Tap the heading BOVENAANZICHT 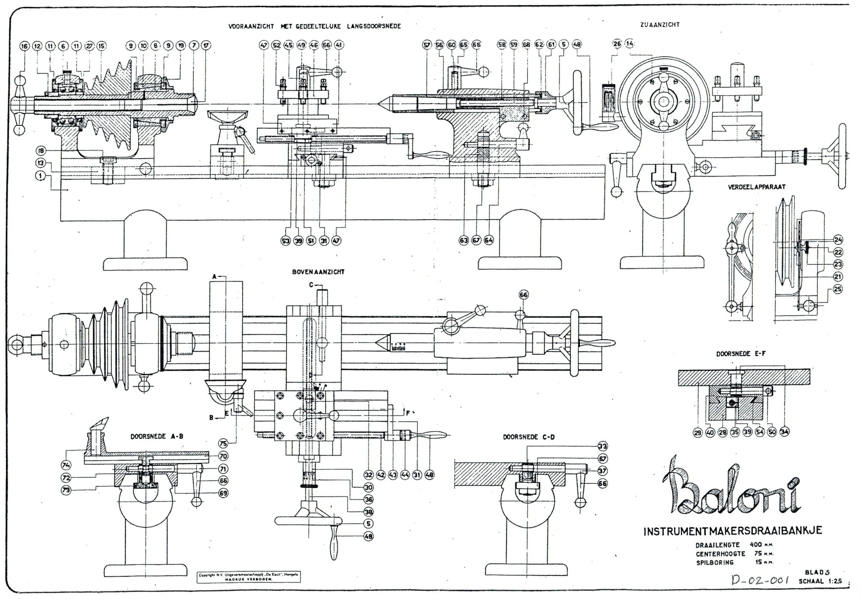[318, 272]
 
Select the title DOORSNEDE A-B [157, 437]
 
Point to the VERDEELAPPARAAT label [756, 187]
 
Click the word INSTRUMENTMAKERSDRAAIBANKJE [733, 531]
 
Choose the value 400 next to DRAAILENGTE [756, 545]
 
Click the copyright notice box [249, 577]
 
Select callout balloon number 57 [427, 45]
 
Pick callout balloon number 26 [617, 44]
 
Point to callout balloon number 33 [602, 446]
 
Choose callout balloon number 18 [41, 151]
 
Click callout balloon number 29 [697, 433]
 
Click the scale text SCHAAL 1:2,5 [820, 582]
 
